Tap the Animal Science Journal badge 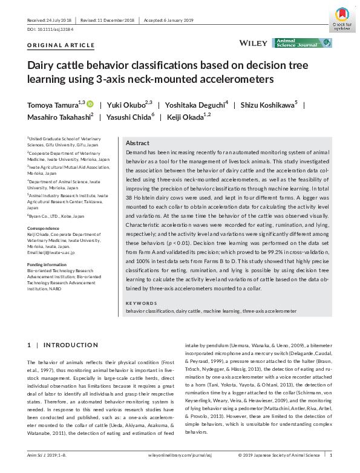302,43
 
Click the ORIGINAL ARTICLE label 61,45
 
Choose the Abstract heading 139,143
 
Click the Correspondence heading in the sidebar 44,227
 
